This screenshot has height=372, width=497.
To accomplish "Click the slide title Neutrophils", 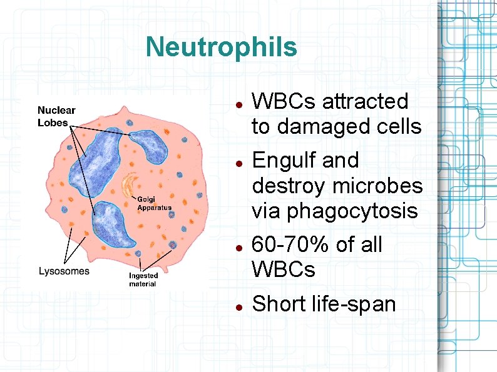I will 221,47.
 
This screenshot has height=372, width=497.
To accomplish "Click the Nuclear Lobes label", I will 56,117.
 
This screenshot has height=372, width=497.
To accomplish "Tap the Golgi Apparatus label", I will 154,204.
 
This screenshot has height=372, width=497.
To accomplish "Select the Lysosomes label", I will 64,271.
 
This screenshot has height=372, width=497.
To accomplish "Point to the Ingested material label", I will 143,279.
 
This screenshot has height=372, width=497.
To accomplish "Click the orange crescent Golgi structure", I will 130,185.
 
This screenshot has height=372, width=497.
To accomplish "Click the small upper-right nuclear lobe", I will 151,148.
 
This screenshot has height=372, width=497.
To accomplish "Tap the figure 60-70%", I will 291,244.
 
